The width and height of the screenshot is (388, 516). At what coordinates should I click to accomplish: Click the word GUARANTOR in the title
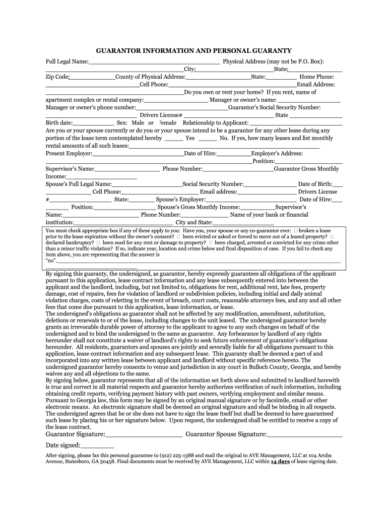tap(120, 51)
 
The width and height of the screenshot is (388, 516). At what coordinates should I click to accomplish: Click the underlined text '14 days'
tap(280, 461)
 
